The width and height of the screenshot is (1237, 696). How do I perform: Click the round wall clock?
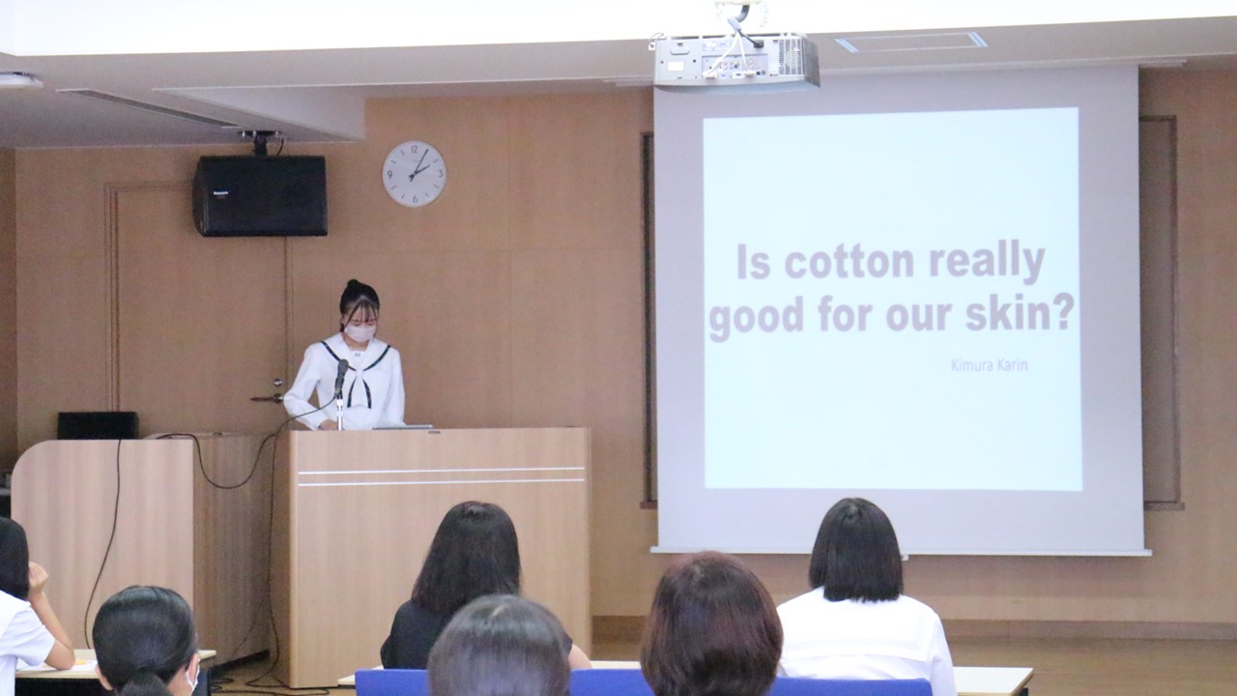click(x=415, y=173)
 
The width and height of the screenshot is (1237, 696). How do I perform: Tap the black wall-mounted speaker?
click(x=260, y=195)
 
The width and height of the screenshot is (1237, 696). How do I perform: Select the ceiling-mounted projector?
click(x=735, y=60)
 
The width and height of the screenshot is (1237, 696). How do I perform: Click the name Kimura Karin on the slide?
click(x=989, y=365)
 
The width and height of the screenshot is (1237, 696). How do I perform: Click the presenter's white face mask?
click(x=360, y=332)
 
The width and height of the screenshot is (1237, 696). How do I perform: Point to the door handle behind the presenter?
click(x=269, y=396)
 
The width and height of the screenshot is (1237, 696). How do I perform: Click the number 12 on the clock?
click(x=415, y=149)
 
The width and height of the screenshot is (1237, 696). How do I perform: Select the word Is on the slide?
click(x=753, y=263)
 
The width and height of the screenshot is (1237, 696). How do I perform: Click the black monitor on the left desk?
click(x=98, y=425)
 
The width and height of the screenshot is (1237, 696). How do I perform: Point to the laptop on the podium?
click(x=403, y=426)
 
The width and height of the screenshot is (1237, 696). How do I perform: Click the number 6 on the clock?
click(x=415, y=198)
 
